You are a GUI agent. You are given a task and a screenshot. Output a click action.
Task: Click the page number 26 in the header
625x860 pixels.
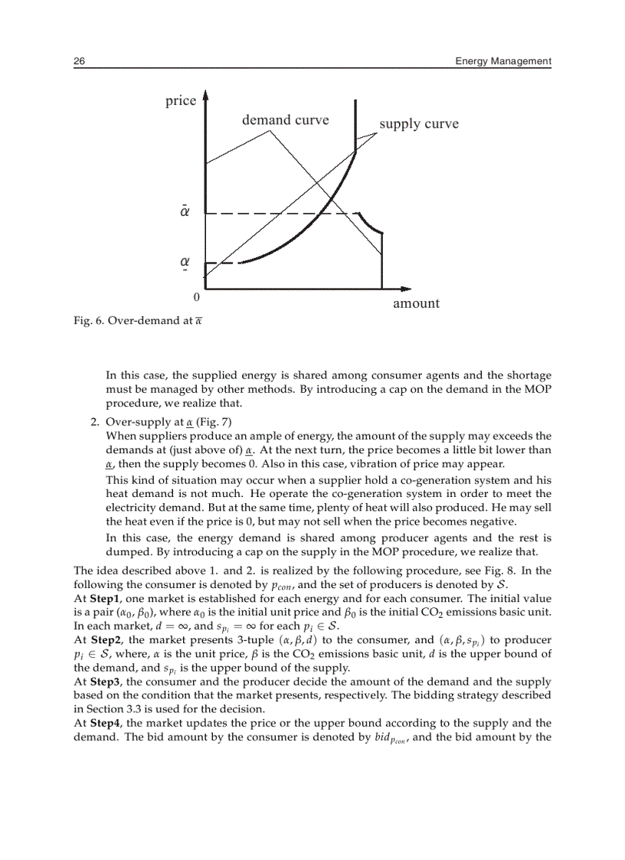tap(79, 60)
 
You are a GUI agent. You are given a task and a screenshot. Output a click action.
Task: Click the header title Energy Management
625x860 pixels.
tap(502, 60)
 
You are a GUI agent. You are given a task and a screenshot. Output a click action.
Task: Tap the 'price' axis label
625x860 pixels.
tap(181, 101)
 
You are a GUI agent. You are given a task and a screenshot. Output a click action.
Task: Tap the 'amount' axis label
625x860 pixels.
tap(416, 303)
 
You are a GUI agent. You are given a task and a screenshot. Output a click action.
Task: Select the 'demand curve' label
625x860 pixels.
tap(285, 119)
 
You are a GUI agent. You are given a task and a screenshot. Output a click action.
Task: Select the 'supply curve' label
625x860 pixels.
tap(419, 124)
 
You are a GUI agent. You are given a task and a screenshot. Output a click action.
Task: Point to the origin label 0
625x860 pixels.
tap(196, 296)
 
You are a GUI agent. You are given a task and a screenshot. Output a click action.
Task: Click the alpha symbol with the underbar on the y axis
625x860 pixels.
tap(185, 262)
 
